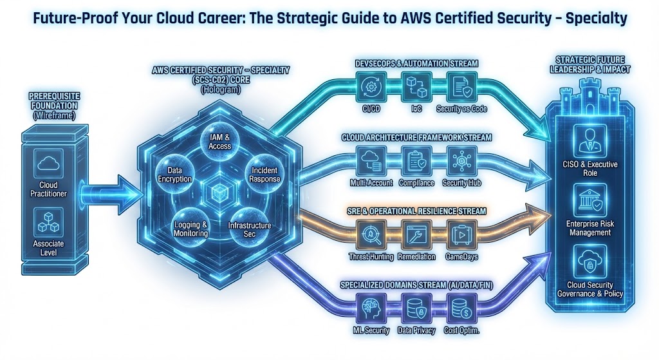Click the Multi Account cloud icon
371,160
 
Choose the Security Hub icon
461,160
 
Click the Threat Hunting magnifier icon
371,233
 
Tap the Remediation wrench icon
415,233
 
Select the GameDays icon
461,233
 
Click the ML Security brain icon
371,308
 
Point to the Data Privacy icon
415,308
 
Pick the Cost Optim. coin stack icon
461,308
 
